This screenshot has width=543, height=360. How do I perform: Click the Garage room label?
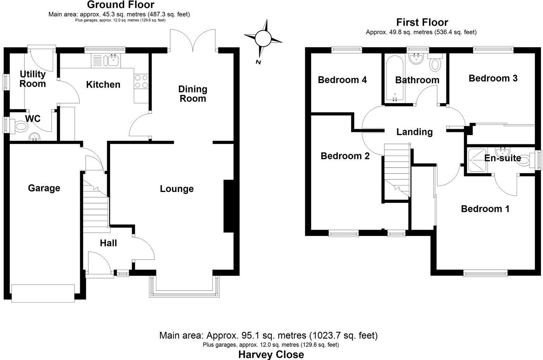click(x=44, y=188)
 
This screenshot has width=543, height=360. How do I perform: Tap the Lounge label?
click(x=177, y=189)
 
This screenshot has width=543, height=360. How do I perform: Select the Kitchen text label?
click(x=103, y=85)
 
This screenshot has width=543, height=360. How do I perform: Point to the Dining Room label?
click(x=193, y=94)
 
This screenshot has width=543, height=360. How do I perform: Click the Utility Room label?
click(x=33, y=79)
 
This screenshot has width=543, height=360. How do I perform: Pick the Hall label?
click(x=108, y=243)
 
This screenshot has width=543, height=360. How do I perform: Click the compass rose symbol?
click(x=263, y=38)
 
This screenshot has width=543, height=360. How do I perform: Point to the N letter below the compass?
click(x=258, y=62)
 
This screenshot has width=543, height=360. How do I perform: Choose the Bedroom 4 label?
click(x=342, y=80)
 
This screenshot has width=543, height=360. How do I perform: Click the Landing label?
click(x=414, y=132)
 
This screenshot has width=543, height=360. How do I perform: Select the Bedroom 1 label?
click(x=485, y=209)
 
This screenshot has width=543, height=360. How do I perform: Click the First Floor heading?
click(x=422, y=22)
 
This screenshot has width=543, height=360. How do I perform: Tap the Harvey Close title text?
click(x=271, y=354)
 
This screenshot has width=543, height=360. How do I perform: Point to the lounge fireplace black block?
click(x=228, y=206)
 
